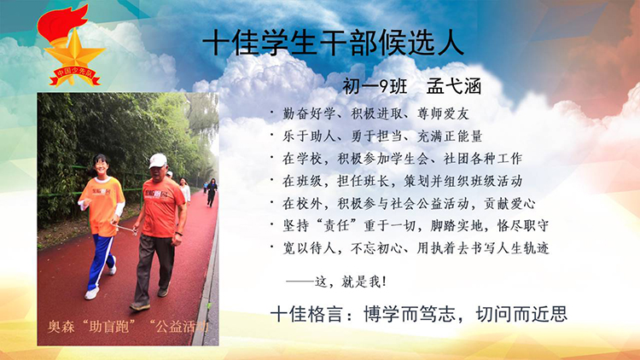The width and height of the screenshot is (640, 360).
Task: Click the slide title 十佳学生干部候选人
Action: [x=333, y=43]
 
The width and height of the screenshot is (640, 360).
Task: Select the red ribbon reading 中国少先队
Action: [x=74, y=75]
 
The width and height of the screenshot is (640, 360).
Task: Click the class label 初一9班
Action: [x=375, y=86]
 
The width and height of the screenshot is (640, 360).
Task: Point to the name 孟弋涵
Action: [x=454, y=86]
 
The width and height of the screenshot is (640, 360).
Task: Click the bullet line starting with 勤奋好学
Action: [x=375, y=113]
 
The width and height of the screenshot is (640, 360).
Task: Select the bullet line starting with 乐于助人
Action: [x=382, y=136]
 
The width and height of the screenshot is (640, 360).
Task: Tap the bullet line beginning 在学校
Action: [x=403, y=159]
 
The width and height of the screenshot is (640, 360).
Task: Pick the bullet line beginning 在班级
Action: [x=403, y=181]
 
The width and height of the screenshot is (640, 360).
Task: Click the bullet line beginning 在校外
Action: [x=409, y=203]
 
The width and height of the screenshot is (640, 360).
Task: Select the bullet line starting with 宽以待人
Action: [x=416, y=248]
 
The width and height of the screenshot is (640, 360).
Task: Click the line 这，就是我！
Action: [x=337, y=282]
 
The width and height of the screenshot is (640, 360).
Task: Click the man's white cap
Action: [x=157, y=160]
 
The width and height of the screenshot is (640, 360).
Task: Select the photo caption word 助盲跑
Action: [x=109, y=327]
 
